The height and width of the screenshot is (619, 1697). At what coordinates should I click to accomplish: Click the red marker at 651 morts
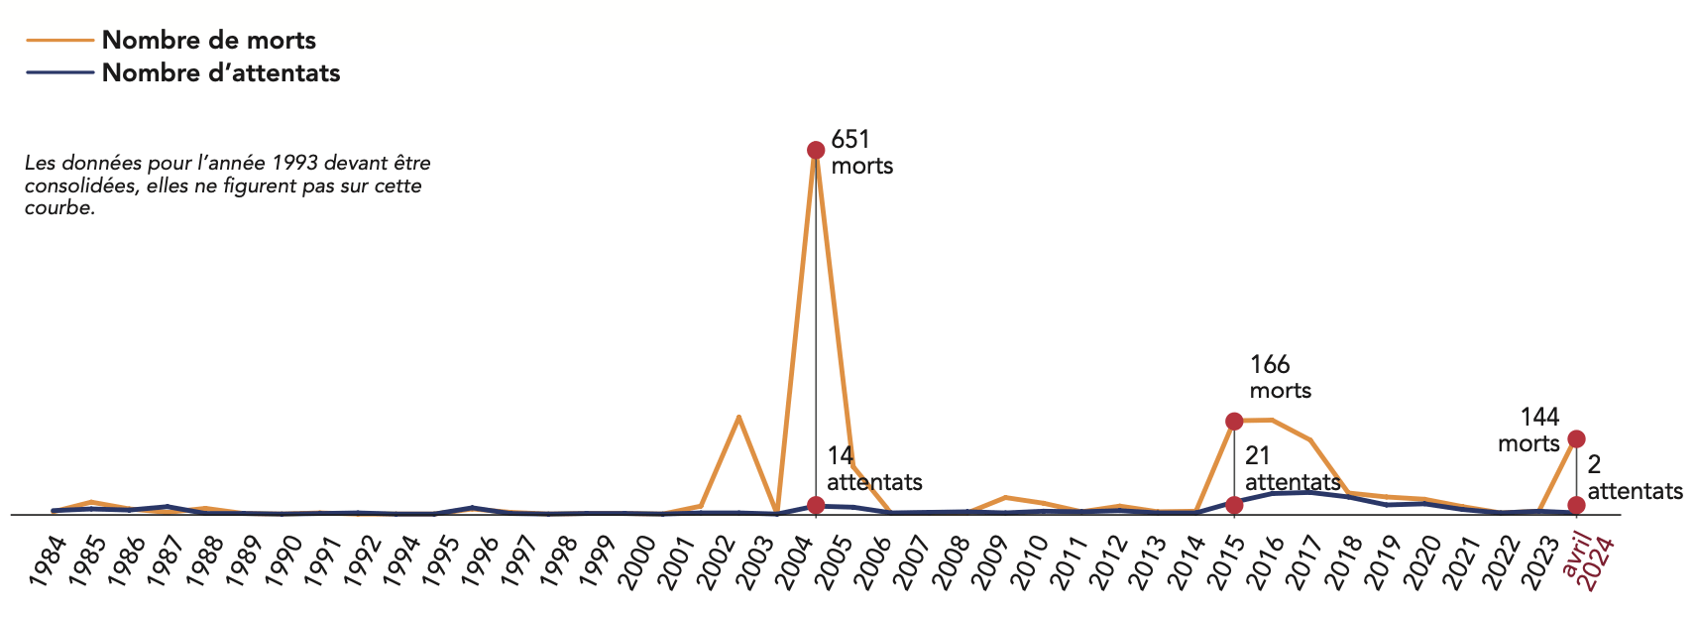(x=815, y=150)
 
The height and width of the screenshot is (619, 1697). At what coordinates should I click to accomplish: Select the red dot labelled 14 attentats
(x=815, y=505)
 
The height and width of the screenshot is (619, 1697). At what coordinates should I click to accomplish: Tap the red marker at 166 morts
(x=1234, y=422)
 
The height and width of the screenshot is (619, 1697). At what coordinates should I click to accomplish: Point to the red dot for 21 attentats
(x=1234, y=505)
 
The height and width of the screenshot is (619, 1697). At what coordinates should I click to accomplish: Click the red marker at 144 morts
(x=1576, y=438)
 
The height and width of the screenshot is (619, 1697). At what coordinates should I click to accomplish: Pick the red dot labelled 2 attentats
(x=1576, y=505)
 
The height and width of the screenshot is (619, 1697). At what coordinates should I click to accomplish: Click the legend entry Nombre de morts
(x=208, y=41)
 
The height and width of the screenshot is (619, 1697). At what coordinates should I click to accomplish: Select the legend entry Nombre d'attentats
(x=220, y=73)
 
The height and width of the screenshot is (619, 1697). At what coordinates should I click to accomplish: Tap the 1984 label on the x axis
(x=47, y=561)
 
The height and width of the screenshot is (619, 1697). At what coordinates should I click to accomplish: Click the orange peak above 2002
(x=738, y=417)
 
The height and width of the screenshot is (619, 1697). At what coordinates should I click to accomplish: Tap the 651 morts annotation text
(x=861, y=152)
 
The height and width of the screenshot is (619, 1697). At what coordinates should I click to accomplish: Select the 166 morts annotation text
(x=1280, y=377)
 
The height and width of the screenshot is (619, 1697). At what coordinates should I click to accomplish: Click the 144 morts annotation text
(x=1530, y=430)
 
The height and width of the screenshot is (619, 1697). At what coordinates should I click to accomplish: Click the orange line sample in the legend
(x=60, y=41)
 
